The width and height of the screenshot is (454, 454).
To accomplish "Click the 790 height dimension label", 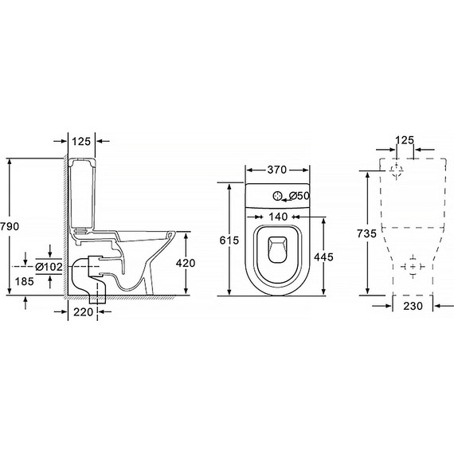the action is (x=10, y=226).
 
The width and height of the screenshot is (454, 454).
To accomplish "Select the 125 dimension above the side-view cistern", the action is (x=81, y=142).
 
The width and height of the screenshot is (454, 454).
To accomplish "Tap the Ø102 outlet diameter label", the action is (x=49, y=267).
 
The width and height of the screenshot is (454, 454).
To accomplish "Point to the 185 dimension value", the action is (x=25, y=281).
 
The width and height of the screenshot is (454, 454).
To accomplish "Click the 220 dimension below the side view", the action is (x=83, y=312).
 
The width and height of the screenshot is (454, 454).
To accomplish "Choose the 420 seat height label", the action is (x=186, y=263).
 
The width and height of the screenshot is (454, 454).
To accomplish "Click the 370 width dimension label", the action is (x=277, y=170).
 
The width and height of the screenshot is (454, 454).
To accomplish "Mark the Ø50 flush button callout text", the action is (x=299, y=196).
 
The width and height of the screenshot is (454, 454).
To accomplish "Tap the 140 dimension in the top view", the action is (x=278, y=217).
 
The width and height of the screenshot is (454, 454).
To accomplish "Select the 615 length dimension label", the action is (x=229, y=240).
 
